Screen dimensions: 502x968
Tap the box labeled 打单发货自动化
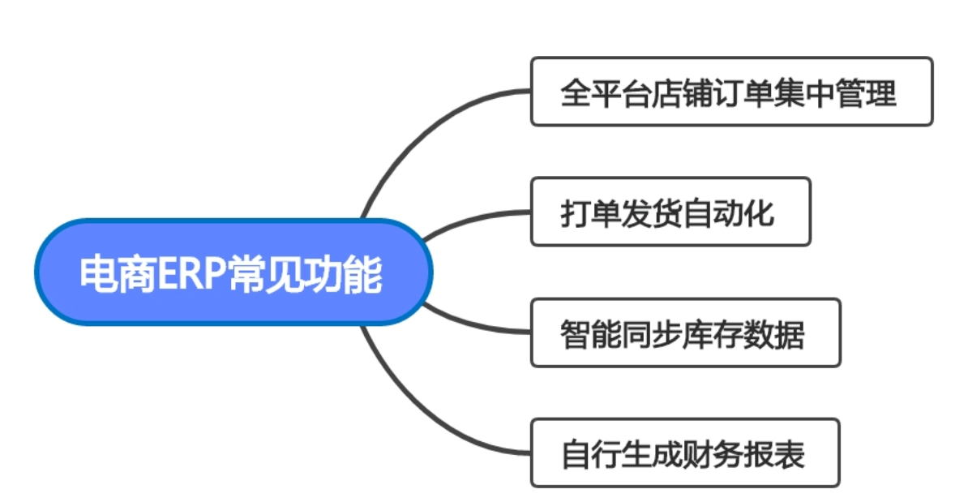coord(670,212)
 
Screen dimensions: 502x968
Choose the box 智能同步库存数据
coord(685,333)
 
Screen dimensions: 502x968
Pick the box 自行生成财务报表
coord(685,453)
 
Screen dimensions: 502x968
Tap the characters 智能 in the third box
coord(587,333)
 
